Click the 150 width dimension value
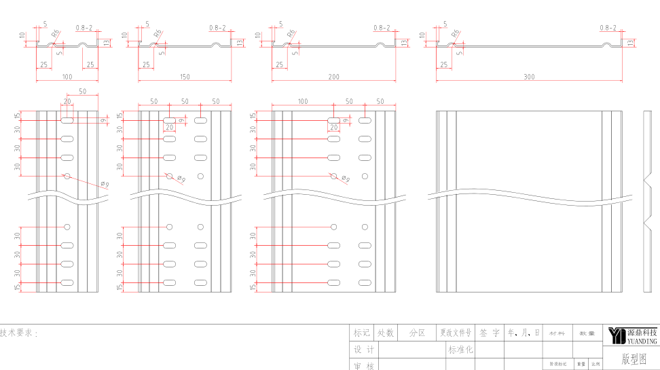click(185, 77)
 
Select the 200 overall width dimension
click(333, 77)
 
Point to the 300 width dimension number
click(529, 77)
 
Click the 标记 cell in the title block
click(361, 333)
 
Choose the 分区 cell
click(417, 333)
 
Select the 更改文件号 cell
click(455, 333)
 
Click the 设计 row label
click(364, 350)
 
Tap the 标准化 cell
click(460, 350)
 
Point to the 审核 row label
click(364, 366)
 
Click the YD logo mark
click(617, 335)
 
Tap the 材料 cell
click(557, 333)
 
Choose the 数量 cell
click(587, 333)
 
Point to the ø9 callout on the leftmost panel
click(104, 183)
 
